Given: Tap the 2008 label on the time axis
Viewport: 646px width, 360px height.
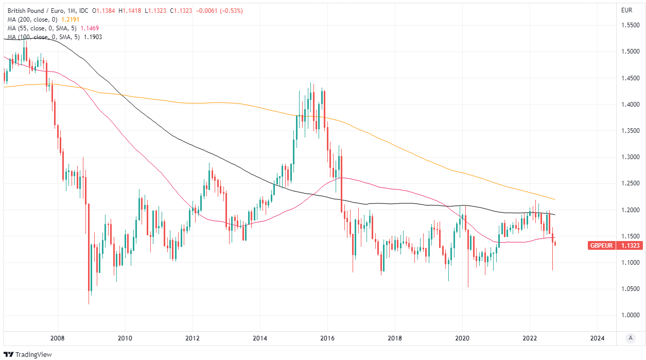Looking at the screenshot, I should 58,338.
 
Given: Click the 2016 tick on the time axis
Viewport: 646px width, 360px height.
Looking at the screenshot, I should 327,338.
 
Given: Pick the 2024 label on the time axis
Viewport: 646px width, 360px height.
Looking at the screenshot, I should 597,338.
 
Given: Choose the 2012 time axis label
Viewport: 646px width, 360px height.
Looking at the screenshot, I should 193,338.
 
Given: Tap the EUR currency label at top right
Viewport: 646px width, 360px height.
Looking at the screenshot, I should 626,10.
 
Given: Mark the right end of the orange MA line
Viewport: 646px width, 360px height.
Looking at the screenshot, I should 555,199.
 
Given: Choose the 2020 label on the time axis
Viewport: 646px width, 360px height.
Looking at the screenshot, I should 462,338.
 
